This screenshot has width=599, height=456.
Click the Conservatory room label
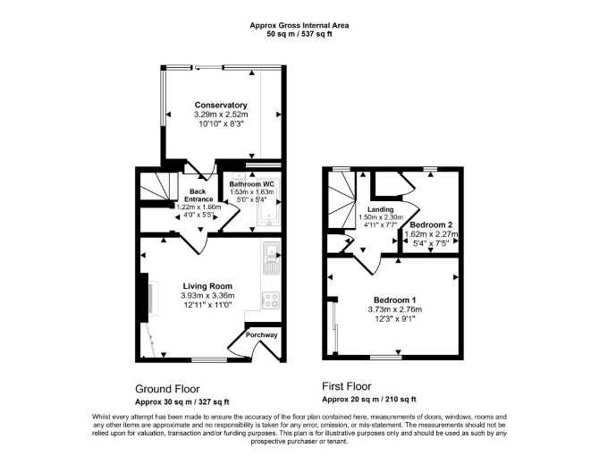221,105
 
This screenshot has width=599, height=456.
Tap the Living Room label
207,286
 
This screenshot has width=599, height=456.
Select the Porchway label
261,335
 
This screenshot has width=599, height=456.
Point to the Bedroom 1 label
394,300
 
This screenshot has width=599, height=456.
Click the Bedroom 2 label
431,225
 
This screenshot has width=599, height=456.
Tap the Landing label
381,209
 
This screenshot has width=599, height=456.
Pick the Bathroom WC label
252,184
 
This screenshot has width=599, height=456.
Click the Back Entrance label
198,195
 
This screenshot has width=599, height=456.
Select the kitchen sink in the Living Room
272,258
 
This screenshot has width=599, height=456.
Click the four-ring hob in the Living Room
271,300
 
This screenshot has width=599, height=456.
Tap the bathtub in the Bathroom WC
270,202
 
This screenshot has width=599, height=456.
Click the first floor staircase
342,201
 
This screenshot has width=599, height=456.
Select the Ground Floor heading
167,389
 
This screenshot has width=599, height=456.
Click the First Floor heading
347,386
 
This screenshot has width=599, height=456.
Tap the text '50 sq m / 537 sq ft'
299,34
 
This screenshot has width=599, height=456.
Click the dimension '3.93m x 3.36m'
207,295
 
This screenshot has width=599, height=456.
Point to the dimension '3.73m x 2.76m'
394,309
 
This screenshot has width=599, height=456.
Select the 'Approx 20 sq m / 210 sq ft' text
369,400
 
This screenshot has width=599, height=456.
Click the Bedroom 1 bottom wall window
386,358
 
